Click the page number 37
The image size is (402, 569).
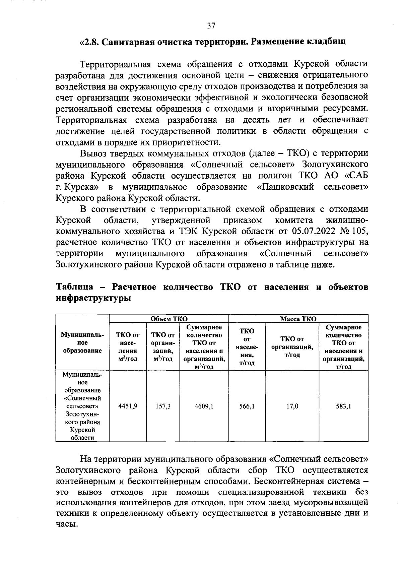211,26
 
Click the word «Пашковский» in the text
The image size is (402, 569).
285,187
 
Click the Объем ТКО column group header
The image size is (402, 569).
169,319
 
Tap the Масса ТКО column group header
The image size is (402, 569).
298,319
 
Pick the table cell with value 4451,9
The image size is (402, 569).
128,406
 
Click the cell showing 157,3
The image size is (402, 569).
163,406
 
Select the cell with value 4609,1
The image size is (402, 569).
204,406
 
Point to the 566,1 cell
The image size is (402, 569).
247,406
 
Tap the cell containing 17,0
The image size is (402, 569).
292,406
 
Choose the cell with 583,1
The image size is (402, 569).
343,406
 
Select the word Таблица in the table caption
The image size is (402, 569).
74,287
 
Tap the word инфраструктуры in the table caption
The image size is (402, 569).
93,298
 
